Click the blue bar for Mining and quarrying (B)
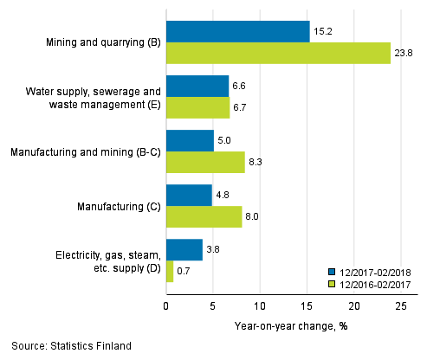point(237,32)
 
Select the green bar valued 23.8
point(278,53)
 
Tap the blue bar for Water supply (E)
point(197,87)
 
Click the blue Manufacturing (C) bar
point(189,196)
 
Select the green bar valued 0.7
point(170,271)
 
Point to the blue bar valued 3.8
point(184,250)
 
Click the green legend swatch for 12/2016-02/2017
point(332,282)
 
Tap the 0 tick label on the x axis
point(165,305)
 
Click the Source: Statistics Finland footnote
point(71,346)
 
